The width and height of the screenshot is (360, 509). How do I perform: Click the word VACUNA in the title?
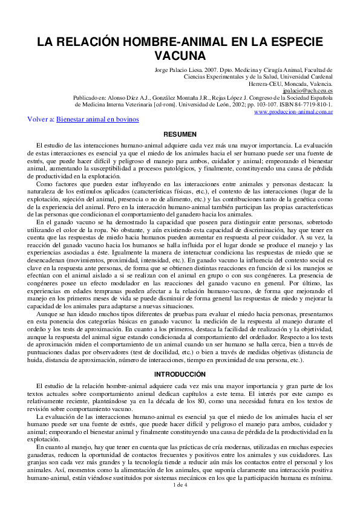(180, 56)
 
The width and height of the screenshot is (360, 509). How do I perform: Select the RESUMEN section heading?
(180, 134)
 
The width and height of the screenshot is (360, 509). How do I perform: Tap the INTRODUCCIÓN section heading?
(180, 374)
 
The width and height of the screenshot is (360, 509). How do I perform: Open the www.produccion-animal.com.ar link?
(293, 111)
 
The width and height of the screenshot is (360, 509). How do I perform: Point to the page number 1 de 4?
(180, 484)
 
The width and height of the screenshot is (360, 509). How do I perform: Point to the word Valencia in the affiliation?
(319, 83)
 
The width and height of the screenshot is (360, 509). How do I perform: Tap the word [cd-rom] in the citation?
(167, 104)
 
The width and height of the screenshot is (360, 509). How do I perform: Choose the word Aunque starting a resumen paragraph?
(47, 314)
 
